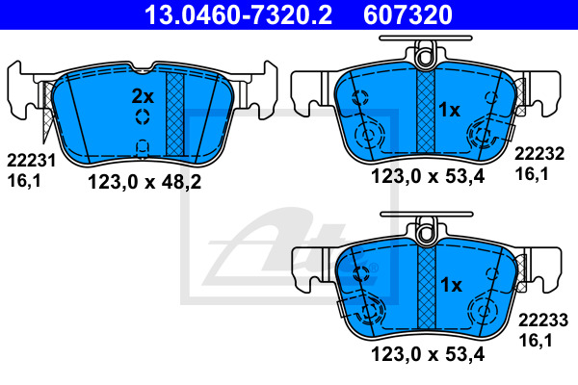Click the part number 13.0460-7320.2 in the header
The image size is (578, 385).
tap(238, 14)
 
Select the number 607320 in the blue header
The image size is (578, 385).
tap(407, 14)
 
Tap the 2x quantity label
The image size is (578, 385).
tap(143, 96)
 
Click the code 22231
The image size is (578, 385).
tap(32, 161)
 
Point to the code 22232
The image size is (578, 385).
tap(539, 154)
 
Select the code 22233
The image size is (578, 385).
tap(543, 321)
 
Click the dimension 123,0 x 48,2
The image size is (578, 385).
tap(144, 182)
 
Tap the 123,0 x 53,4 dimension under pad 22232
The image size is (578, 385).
tap(428, 176)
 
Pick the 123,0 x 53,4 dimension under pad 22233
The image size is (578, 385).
tap(428, 355)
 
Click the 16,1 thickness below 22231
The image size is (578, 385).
tap(24, 181)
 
